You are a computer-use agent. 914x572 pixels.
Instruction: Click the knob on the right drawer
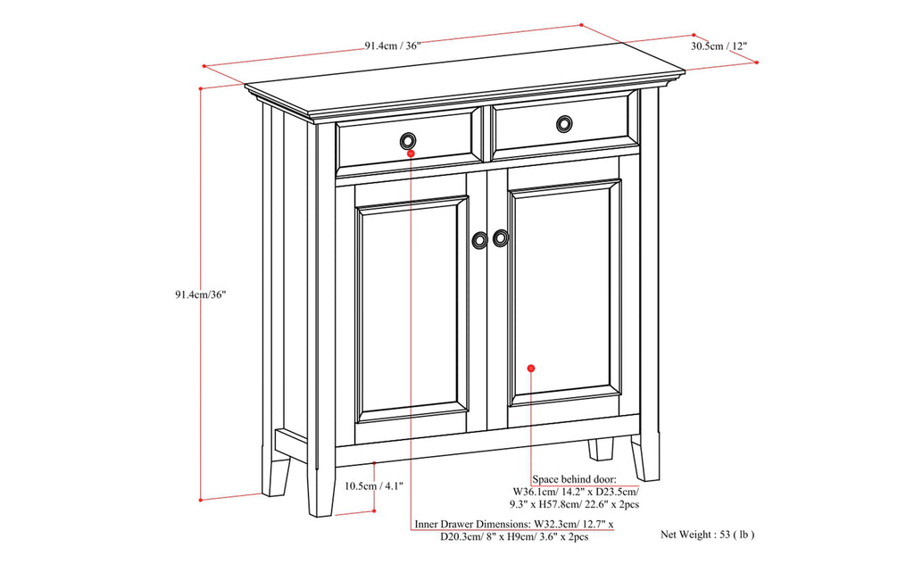point(564,123)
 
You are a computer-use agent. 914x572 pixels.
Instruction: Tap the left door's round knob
point(480,240)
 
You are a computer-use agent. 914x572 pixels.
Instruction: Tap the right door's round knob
point(501,237)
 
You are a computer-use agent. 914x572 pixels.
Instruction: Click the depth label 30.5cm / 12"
point(719,45)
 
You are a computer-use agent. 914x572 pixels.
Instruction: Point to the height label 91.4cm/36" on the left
point(201,294)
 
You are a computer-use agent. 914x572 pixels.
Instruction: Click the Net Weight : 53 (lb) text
point(708,535)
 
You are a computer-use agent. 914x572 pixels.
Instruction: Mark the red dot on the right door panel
point(530,368)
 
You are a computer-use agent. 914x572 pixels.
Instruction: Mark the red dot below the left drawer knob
point(411,153)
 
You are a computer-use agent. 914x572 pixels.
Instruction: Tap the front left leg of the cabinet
point(320,491)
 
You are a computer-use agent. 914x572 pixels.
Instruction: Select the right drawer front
point(564,125)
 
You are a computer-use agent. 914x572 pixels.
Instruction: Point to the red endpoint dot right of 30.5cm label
point(756,62)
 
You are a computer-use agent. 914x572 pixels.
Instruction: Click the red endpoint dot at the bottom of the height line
point(202,498)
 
